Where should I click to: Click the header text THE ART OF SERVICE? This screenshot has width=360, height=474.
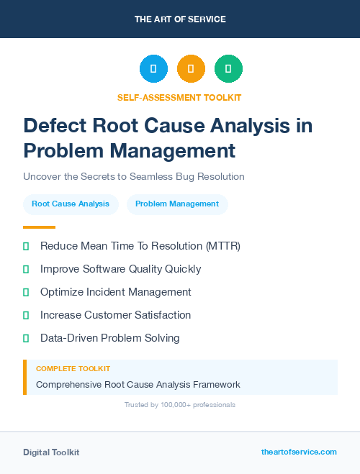tap(179, 19)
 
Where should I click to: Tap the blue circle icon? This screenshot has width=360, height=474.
tap(153, 69)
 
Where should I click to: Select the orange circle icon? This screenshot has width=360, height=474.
tap(191, 69)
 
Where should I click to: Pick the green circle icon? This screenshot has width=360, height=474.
tap(228, 69)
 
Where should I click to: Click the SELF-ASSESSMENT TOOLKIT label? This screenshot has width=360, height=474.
tap(179, 97)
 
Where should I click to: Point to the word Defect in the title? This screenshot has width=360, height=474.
tap(56, 126)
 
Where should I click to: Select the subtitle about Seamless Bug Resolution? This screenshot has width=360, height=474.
tap(134, 176)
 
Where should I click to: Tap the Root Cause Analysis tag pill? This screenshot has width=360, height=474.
tap(71, 204)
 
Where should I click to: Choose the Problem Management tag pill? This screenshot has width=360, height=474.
tap(177, 204)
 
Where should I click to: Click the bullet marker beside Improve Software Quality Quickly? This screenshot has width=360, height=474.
tap(26, 269)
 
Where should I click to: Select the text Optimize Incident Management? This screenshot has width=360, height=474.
tap(116, 292)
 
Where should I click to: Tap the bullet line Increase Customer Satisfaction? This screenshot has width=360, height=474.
tap(116, 315)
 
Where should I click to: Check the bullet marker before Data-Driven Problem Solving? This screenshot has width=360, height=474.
tap(26, 338)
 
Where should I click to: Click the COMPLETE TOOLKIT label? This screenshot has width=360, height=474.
tap(73, 369)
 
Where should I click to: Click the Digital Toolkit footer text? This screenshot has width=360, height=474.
tap(51, 452)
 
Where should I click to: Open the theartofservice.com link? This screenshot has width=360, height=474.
tap(299, 452)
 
